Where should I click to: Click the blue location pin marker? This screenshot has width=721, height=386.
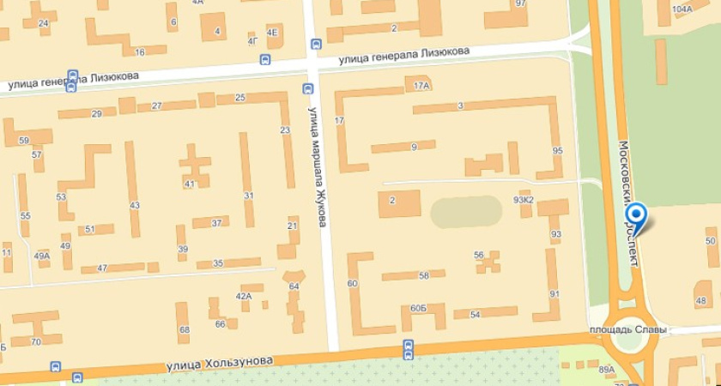click(636, 215)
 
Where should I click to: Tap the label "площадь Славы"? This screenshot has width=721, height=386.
click(621, 329)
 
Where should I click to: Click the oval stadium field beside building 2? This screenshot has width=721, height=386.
click(464, 212)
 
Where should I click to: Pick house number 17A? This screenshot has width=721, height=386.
click(421, 86)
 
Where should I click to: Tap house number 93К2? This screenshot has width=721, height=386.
click(524, 200)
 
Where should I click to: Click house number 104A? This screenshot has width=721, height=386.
click(682, 9)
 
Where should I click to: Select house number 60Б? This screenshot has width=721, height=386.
click(418, 308)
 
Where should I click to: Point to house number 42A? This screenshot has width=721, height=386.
click(244, 296)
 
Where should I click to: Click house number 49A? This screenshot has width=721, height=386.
click(42, 256)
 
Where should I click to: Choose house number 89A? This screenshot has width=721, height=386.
click(607, 370)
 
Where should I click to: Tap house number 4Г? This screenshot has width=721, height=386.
click(252, 39)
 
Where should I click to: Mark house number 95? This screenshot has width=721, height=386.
click(557, 151)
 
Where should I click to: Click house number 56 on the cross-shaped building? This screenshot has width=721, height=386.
click(479, 255)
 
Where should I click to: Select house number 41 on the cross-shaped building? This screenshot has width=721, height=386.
click(190, 184)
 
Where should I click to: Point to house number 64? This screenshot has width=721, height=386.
click(294, 286)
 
